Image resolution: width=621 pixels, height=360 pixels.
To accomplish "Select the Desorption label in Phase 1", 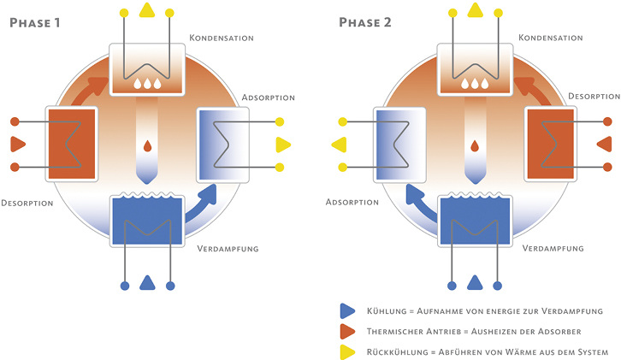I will click(x=27, y=203).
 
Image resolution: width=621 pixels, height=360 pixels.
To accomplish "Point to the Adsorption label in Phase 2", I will click(x=352, y=203).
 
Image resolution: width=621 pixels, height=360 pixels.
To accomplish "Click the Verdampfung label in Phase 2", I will click(x=553, y=248).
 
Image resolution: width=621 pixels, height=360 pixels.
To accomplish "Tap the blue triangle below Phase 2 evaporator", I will click(x=474, y=283).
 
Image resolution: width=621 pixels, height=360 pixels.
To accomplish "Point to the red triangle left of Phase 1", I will click(x=17, y=143).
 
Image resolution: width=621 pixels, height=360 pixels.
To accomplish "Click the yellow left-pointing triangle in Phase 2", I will click(x=338, y=144).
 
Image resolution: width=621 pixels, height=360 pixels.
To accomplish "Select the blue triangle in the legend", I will click(x=347, y=310).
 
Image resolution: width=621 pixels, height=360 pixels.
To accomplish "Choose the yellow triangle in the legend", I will click(x=347, y=351).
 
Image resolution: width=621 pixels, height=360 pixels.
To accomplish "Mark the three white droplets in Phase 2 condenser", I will click(x=474, y=84).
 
